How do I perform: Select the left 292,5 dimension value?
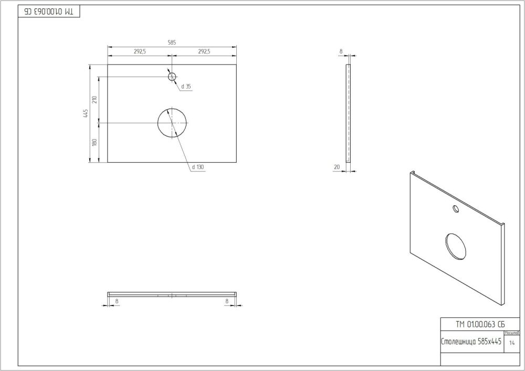pyautogui.click(x=140, y=51)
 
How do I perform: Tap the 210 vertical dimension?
pyautogui.click(x=94, y=100)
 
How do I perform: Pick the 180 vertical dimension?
pyautogui.click(x=94, y=142)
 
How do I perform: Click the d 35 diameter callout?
pyautogui.click(x=186, y=86)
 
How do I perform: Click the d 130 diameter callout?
pyautogui.click(x=197, y=167)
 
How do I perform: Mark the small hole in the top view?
pyautogui.click(x=172, y=77)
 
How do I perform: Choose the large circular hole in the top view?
pyautogui.click(x=172, y=123)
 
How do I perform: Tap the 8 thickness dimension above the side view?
pyautogui.click(x=341, y=51)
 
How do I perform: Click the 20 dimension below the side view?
pyautogui.click(x=337, y=167)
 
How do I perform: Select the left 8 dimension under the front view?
pyautogui.click(x=116, y=301)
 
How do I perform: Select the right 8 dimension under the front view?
pyautogui.click(x=226, y=301)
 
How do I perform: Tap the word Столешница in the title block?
pyautogui.click(x=458, y=342)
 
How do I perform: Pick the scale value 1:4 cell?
pyautogui.click(x=512, y=343)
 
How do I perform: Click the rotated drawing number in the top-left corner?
pyautogui.click(x=50, y=12)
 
